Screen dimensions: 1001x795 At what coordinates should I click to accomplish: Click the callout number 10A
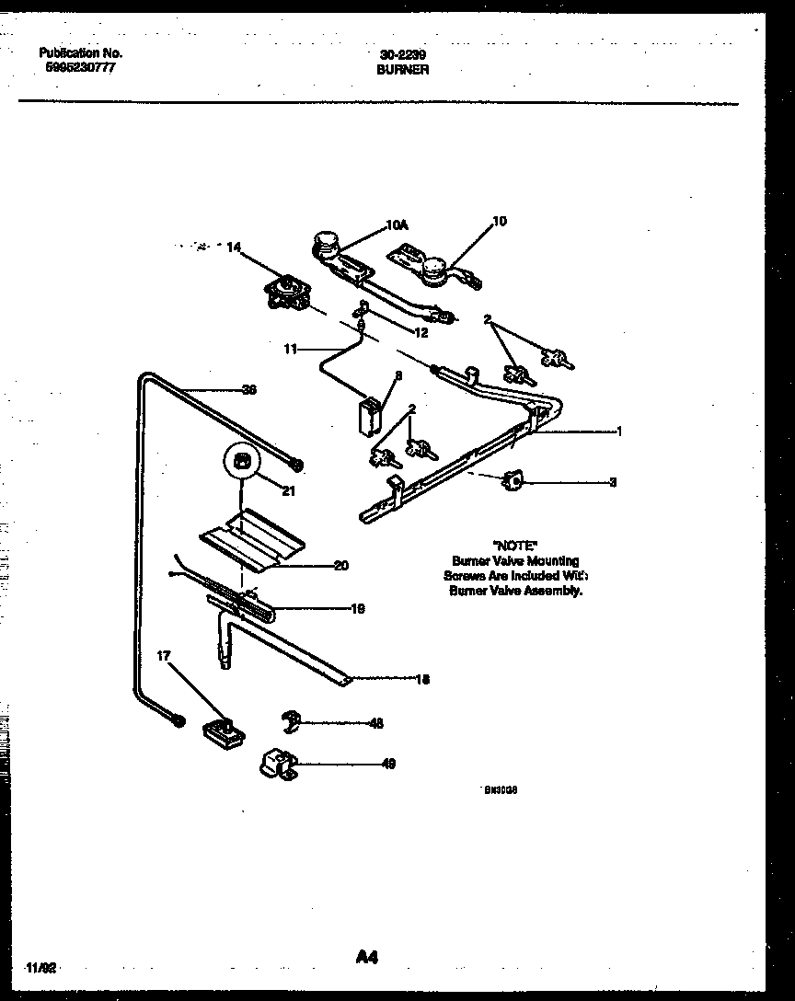click(397, 223)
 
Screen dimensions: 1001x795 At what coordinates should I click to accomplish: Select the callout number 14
click(233, 247)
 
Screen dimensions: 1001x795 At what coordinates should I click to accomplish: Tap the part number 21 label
click(289, 491)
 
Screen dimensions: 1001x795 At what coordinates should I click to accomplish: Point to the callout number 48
click(375, 723)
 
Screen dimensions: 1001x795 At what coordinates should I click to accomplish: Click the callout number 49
click(387, 764)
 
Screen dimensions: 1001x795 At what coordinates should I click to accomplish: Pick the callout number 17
click(163, 656)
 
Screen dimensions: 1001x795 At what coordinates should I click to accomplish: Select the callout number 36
click(248, 389)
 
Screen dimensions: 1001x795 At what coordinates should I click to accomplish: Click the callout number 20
click(340, 566)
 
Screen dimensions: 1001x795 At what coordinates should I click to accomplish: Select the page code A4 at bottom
click(366, 958)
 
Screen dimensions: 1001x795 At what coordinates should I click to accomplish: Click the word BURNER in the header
click(403, 69)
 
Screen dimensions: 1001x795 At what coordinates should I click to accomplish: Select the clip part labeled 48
click(294, 721)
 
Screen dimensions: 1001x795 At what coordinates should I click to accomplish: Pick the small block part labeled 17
click(222, 731)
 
